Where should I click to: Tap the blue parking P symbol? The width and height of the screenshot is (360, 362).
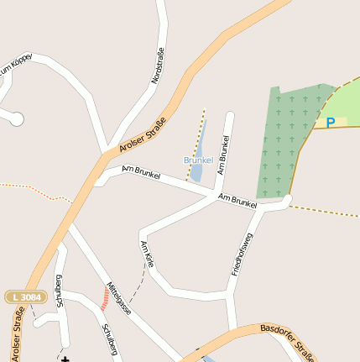tap(331, 123)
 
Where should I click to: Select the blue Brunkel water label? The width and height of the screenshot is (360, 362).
tap(198, 160)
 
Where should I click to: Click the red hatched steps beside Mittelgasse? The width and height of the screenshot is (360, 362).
tap(105, 298)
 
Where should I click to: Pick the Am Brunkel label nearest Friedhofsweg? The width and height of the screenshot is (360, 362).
tap(237, 201)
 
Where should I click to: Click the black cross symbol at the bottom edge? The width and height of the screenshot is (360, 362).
tap(65, 359)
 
